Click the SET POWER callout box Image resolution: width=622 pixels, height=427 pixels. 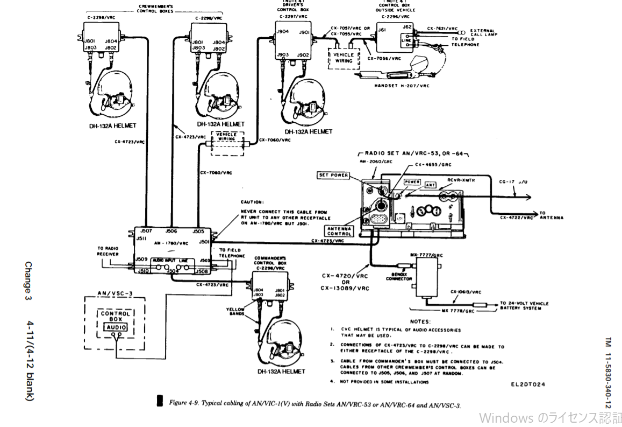pos(333,176)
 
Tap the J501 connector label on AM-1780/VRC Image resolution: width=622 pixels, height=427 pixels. pos(204,242)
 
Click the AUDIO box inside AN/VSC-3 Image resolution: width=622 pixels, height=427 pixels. pos(116,327)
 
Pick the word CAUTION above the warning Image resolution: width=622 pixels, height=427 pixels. pos(252,202)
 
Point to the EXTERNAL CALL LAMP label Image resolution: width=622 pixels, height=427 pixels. pos(482,32)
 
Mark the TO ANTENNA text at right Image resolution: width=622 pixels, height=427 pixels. pos(552,215)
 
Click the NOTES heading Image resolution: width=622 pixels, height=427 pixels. pos(420,321)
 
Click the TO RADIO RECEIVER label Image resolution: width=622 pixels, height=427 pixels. pos(108,251)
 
